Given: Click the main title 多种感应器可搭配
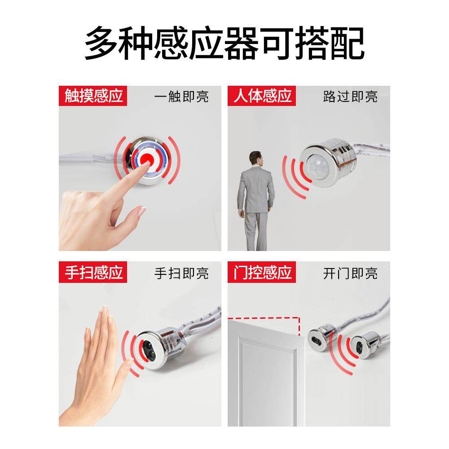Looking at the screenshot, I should point(224,44).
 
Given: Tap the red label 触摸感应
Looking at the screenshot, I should point(93,96).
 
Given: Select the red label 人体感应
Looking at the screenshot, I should point(262,96).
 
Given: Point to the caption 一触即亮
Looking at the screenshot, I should point(181,97).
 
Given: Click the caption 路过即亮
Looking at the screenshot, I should point(350,97).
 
